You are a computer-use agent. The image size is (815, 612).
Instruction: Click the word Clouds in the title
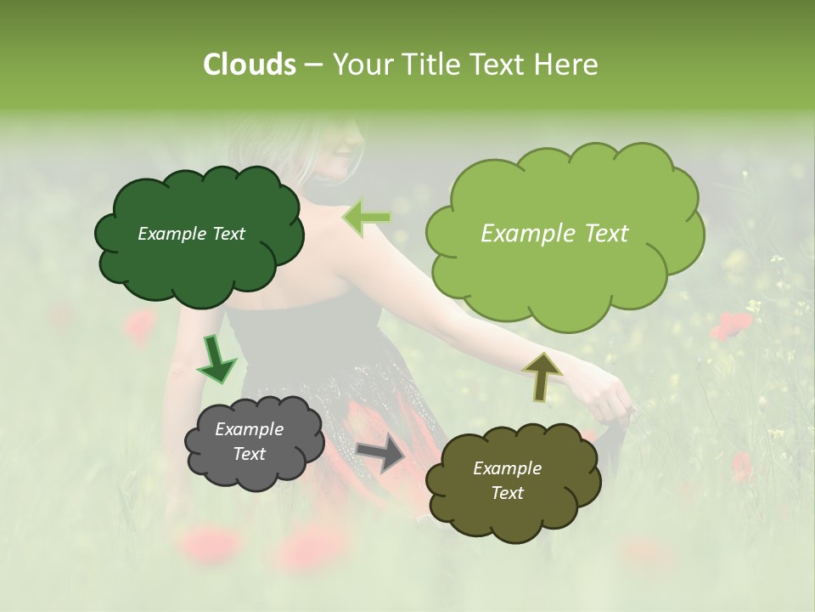tap(250, 65)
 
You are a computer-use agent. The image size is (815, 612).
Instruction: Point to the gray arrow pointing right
tap(381, 452)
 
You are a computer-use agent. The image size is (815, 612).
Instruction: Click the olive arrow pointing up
tap(542, 375)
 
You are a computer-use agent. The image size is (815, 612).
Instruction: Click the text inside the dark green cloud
tap(191, 234)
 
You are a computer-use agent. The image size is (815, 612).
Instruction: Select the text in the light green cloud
tap(554, 234)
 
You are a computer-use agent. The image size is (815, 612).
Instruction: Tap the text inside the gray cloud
tap(249, 441)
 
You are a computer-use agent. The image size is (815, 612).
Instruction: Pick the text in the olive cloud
tap(507, 480)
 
